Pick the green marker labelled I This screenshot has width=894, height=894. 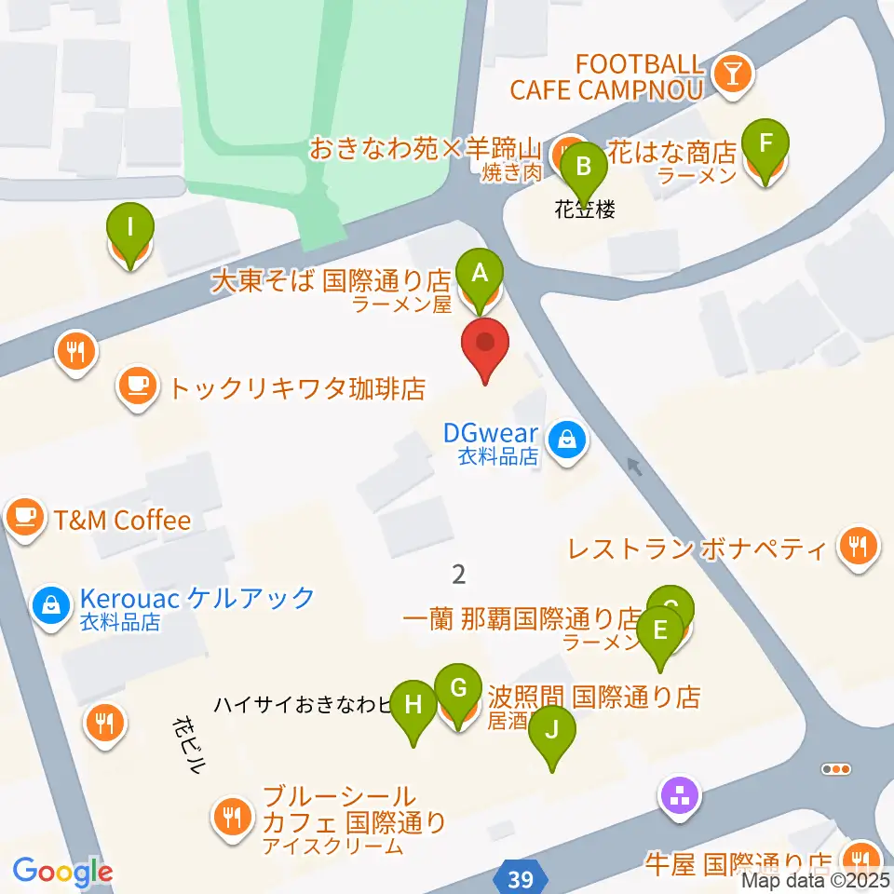coord(129,227)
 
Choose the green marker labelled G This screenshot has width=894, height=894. coord(458,689)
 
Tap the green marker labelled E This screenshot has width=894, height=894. coord(660,631)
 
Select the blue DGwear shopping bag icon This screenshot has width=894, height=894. coord(565,435)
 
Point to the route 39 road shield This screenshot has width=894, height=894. coord(521,878)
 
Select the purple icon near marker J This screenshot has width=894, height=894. coord(680,795)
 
